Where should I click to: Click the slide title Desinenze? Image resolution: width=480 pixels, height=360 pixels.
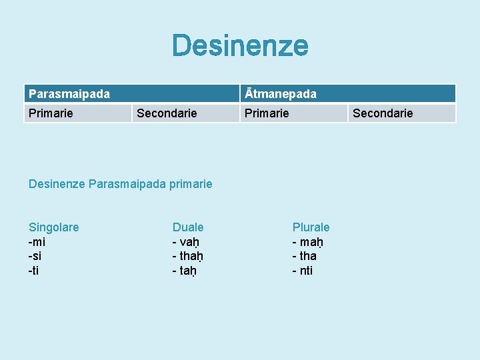240,46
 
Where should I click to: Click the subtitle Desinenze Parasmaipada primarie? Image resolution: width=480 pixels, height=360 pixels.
121,183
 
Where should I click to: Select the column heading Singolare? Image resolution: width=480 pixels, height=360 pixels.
53,227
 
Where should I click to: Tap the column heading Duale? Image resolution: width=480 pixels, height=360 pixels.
188,227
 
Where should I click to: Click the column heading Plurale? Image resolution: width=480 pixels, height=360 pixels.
311,227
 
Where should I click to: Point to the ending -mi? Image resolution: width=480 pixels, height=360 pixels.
37,242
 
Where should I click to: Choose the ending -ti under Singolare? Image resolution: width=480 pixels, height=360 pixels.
34,271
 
